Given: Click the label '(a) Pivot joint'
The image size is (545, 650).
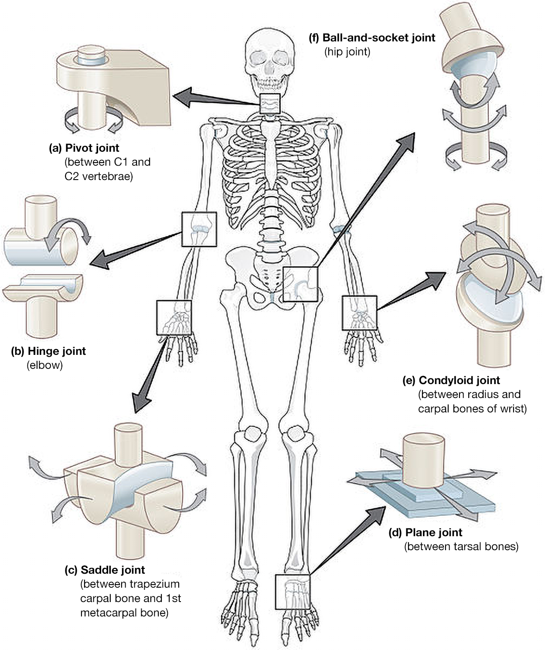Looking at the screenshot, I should pos(84,148).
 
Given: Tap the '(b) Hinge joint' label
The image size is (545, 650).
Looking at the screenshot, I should pos(48,351).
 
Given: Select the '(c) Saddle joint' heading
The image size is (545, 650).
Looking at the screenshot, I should pos(104,570).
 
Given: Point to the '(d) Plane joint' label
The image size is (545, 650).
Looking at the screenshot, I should pos(425,532).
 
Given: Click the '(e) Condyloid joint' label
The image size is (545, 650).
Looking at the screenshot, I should pos(451,380).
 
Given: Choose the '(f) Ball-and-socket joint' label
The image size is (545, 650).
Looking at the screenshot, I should pos(372,38).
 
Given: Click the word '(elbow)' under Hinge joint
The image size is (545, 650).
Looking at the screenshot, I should pos(45,365).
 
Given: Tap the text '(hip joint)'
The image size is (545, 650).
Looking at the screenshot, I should pos(347,52).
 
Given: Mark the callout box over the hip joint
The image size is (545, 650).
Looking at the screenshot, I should pos(300,284).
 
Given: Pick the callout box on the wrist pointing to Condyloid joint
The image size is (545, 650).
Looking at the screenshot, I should pos(360,313).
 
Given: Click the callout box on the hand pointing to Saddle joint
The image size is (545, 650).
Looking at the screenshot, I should pos(174,317).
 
